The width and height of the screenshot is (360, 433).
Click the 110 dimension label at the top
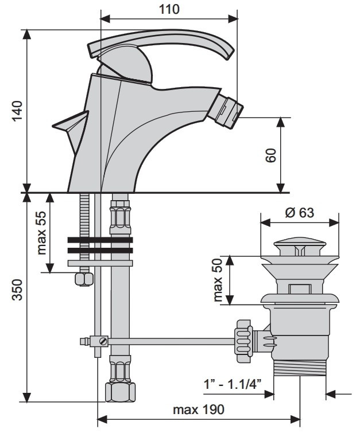click(x=169, y=9)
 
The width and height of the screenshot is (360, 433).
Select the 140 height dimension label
click(x=17, y=111)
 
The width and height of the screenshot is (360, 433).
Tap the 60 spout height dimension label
click(x=271, y=155)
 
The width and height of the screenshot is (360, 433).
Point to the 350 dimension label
click(x=17, y=290)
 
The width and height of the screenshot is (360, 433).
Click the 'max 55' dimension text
click(x=41, y=233)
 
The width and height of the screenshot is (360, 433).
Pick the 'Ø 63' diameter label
click(x=300, y=213)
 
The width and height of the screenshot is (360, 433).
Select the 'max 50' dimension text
click(x=218, y=280)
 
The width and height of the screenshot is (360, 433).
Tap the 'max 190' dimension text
click(x=199, y=409)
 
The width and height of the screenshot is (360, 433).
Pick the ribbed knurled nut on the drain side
click(x=243, y=341)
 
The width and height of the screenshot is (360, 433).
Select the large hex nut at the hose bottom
click(x=121, y=392)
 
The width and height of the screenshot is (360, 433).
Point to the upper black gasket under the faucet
click(x=100, y=240)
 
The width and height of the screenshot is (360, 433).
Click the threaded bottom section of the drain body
click(x=300, y=368)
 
